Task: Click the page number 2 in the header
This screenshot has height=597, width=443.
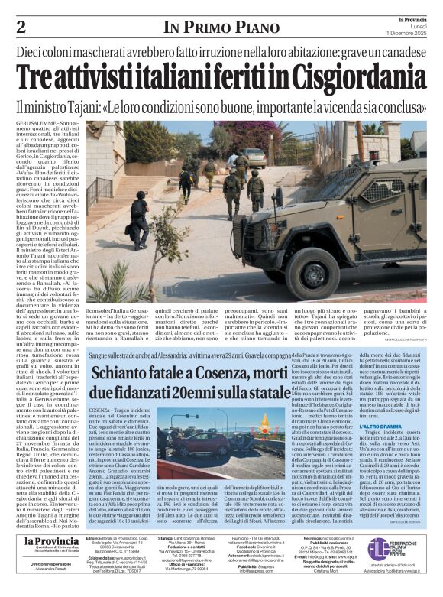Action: pyautogui.click(x=21, y=28)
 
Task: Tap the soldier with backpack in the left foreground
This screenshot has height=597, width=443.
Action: pyautogui.click(x=139, y=221)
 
